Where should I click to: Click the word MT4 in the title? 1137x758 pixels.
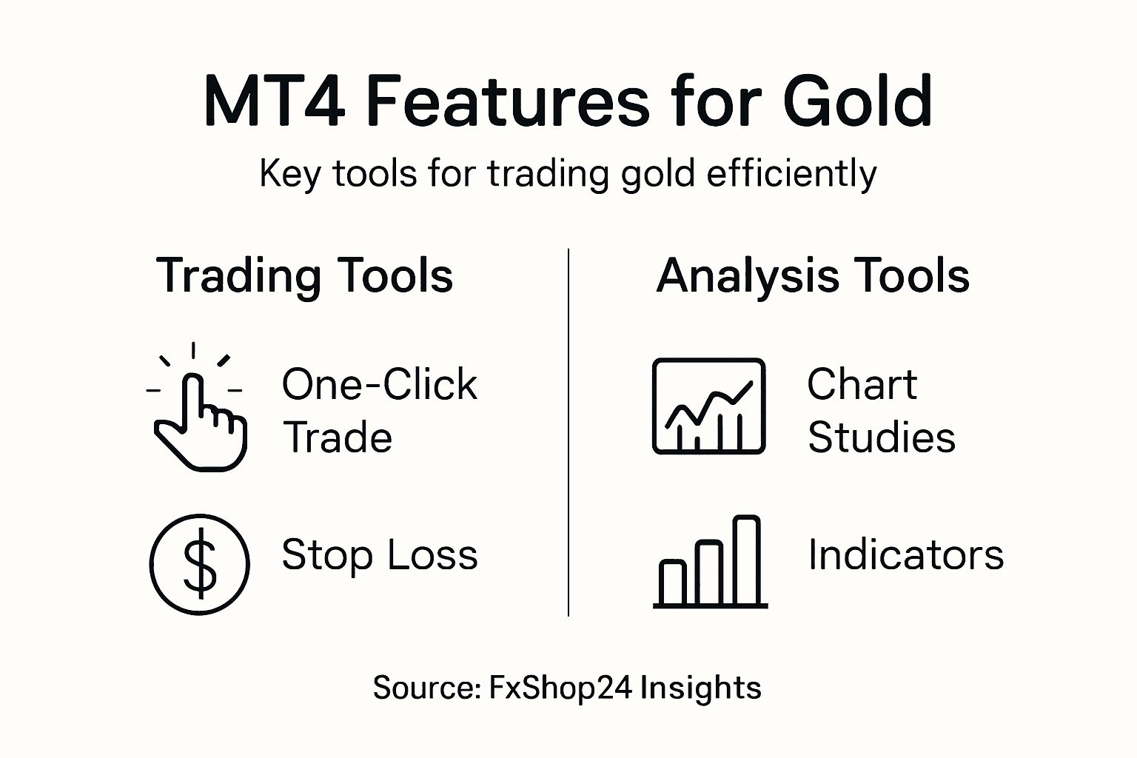coord(274,101)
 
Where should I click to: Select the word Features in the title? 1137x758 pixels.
coord(508,101)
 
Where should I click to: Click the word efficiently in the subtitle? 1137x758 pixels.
coord(791,174)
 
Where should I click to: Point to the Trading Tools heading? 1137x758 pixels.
coord(304,276)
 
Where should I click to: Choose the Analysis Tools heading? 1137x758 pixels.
coord(812,276)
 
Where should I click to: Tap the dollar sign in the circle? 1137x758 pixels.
coord(200,565)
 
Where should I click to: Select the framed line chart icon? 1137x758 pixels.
coord(708,406)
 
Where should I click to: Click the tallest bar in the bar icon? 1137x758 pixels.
coord(746,561)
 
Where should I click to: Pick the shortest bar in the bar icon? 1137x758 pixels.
coord(673,583)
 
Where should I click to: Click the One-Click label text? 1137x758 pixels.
coord(379,385)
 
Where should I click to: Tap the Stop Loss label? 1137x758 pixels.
coord(379,554)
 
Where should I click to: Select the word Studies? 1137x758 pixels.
coord(881,437)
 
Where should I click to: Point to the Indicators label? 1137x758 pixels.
coord(905,554)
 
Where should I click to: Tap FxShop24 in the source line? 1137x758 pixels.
coord(560,688)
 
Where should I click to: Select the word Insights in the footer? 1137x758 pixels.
coord(700,688)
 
